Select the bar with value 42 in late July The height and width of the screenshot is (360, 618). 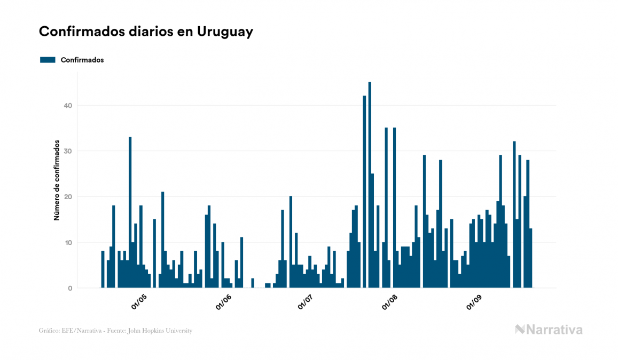pos(364,192)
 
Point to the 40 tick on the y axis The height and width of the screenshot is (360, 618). pos(67,106)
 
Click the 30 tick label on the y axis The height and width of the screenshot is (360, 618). pos(67,151)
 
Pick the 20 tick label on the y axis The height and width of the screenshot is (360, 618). pos(67,197)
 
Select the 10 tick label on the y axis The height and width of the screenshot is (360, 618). pos(67,242)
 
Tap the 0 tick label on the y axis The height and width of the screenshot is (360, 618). pos(69,288)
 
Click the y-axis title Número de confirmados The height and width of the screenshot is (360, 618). pos(56,181)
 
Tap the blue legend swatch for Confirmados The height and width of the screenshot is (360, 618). pos(48,60)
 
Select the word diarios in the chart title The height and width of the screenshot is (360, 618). pos(143,32)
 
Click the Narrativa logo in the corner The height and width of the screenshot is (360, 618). pos(549,330)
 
